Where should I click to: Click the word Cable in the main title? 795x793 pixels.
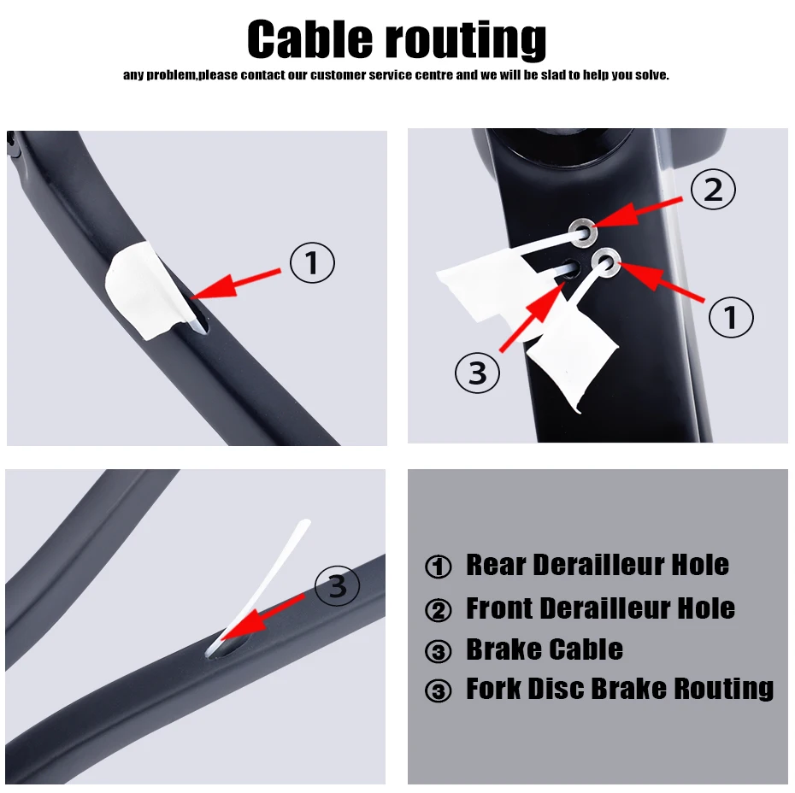(x=309, y=39)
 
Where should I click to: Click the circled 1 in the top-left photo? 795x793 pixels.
(x=312, y=262)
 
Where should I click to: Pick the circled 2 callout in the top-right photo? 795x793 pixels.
(x=714, y=189)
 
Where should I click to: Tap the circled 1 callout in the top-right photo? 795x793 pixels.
(x=731, y=317)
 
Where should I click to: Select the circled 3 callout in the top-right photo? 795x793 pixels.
(x=478, y=373)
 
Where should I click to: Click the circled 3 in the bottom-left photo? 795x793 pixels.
(x=337, y=585)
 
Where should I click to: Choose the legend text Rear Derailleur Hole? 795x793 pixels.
(x=598, y=565)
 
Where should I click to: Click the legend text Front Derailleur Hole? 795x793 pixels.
(x=600, y=608)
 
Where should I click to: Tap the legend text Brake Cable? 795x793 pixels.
(x=545, y=649)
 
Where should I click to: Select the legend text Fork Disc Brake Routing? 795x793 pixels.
(x=620, y=689)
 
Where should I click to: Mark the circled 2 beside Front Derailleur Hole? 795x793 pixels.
(x=438, y=609)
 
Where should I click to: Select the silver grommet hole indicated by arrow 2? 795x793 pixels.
(x=582, y=232)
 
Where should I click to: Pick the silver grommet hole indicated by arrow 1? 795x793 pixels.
(x=606, y=262)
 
